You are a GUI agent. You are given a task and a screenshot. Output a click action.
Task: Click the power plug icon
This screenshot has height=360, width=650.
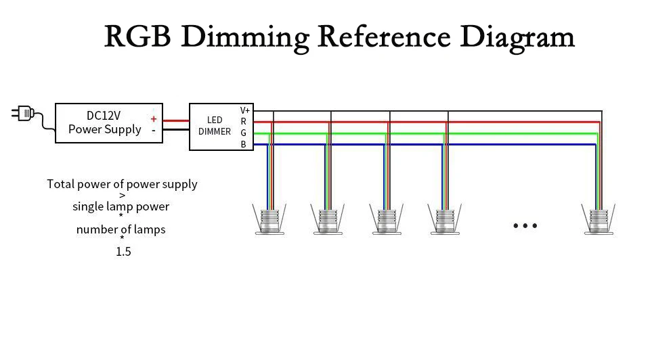click(23, 113)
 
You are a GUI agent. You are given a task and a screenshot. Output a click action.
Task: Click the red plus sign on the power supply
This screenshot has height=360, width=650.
click(154, 119)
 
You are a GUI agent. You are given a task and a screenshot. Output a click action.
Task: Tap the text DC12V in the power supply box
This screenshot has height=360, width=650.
click(104, 116)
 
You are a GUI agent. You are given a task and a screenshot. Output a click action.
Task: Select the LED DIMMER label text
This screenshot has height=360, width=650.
click(215, 125)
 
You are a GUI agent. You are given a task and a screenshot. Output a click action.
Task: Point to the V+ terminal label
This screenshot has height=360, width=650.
click(244, 110)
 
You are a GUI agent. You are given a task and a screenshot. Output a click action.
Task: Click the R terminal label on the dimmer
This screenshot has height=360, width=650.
click(243, 121)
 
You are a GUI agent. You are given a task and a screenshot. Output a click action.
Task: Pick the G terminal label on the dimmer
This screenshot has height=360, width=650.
click(243, 133)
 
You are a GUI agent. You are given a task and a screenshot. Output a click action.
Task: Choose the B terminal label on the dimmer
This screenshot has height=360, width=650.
click(243, 144)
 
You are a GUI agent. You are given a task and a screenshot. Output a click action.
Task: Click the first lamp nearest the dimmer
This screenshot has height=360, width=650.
click(269, 219)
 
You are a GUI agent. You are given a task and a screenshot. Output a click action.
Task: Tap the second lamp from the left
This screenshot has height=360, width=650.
click(328, 219)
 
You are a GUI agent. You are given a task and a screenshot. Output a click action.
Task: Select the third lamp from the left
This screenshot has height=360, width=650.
click(387, 219)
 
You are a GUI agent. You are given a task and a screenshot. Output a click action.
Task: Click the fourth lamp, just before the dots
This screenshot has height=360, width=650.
click(445, 219)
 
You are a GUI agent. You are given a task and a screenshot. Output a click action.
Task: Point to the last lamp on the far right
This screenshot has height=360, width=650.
click(598, 219)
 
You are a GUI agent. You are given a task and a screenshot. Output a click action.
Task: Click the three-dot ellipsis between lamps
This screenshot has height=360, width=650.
click(525, 226)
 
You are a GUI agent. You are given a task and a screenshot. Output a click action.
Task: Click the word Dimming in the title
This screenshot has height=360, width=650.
click(245, 38)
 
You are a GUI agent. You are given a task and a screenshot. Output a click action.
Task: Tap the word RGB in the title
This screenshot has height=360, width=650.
click(137, 37)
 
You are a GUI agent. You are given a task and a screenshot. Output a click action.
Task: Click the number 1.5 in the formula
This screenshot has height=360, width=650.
click(123, 252)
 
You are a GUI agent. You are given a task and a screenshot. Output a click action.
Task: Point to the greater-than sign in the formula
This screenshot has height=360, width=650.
click(123, 196)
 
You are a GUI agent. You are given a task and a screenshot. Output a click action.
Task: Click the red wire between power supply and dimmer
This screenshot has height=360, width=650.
click(176, 121)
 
